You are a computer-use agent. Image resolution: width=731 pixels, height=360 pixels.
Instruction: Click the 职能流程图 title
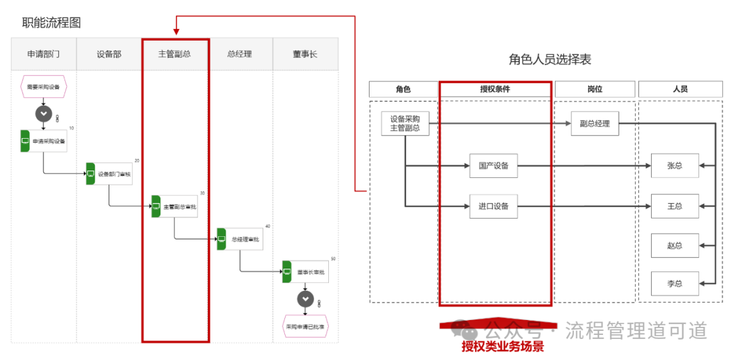pos(51,22)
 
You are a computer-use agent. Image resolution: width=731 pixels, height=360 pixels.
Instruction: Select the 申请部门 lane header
pos(44,54)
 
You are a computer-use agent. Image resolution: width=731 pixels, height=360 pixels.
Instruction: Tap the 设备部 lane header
pos(109,54)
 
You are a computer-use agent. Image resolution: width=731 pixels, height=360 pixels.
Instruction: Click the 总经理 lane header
pos(240,54)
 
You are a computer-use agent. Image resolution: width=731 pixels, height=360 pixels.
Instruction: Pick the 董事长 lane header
pos(305,54)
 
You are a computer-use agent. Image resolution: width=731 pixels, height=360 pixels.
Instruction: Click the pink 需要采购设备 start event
pos(44,87)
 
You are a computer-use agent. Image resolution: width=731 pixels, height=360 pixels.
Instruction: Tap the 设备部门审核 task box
pos(110,174)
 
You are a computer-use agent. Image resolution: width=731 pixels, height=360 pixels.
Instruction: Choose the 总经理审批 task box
pos(242,239)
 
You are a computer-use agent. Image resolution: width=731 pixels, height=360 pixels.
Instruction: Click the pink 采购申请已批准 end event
pos(305,325)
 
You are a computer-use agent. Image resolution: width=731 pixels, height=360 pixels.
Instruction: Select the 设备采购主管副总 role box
pos(405,124)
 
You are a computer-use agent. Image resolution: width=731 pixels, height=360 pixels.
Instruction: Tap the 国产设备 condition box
pos(493,165)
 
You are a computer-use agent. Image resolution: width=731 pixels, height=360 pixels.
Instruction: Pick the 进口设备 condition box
pos(493,206)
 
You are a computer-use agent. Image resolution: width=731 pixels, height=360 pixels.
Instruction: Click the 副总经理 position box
pos(595,124)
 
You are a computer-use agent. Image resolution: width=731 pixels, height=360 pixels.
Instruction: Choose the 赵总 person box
pos(674,245)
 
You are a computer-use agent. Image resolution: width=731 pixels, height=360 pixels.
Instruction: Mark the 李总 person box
pos(674,282)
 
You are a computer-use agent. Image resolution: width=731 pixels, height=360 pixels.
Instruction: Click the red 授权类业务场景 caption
pos(502,347)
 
